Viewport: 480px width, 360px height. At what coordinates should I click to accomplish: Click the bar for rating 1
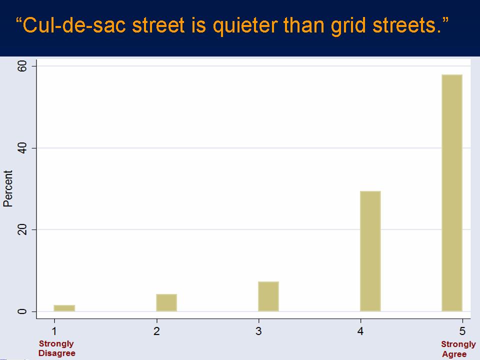pyautogui.click(x=64, y=308)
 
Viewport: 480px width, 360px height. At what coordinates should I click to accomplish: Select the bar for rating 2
pyautogui.click(x=166, y=303)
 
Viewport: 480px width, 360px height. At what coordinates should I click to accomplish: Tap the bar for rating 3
pyautogui.click(x=268, y=296)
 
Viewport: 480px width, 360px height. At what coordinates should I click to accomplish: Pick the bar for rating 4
pyautogui.click(x=370, y=251)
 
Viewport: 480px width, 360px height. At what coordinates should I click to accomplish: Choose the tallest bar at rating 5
pyautogui.click(x=452, y=193)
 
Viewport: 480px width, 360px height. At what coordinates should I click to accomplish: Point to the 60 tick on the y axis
pyautogui.click(x=22, y=66)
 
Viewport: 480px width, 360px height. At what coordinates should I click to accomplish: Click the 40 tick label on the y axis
pyautogui.click(x=22, y=148)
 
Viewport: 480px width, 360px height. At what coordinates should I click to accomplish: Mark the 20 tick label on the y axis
pyautogui.click(x=22, y=229)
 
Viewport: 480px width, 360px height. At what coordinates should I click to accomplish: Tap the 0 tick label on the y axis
pyautogui.click(x=22, y=311)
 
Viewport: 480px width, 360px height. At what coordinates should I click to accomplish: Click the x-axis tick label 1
pyautogui.click(x=54, y=331)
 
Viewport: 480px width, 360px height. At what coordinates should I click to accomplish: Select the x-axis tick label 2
pyautogui.click(x=156, y=331)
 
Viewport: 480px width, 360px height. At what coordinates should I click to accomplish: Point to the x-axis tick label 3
pyautogui.click(x=258, y=331)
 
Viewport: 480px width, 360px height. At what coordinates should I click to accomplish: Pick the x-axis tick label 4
pyautogui.click(x=360, y=331)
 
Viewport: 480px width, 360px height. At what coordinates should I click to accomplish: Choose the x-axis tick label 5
pyautogui.click(x=462, y=331)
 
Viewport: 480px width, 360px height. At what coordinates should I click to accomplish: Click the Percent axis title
pyautogui.click(x=8, y=188)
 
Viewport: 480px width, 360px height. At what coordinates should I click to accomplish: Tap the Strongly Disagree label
pyautogui.click(x=56, y=348)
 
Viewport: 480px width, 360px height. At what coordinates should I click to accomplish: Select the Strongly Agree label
pyautogui.click(x=458, y=349)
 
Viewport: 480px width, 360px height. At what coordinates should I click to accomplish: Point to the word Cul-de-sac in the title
pyautogui.click(x=74, y=25)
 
